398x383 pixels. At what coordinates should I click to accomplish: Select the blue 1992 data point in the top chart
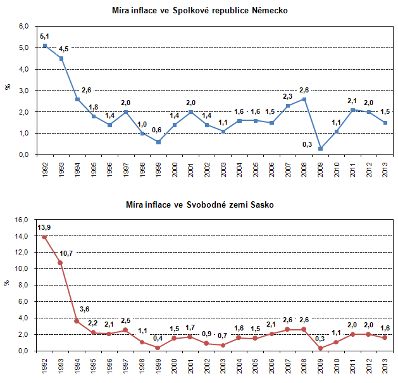[44, 46]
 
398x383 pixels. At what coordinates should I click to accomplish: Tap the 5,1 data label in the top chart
[44, 36]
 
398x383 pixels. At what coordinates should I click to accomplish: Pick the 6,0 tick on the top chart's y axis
[24, 26]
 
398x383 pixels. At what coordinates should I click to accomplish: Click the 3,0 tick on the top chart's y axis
[24, 91]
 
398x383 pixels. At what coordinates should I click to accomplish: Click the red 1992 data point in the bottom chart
[44, 237]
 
